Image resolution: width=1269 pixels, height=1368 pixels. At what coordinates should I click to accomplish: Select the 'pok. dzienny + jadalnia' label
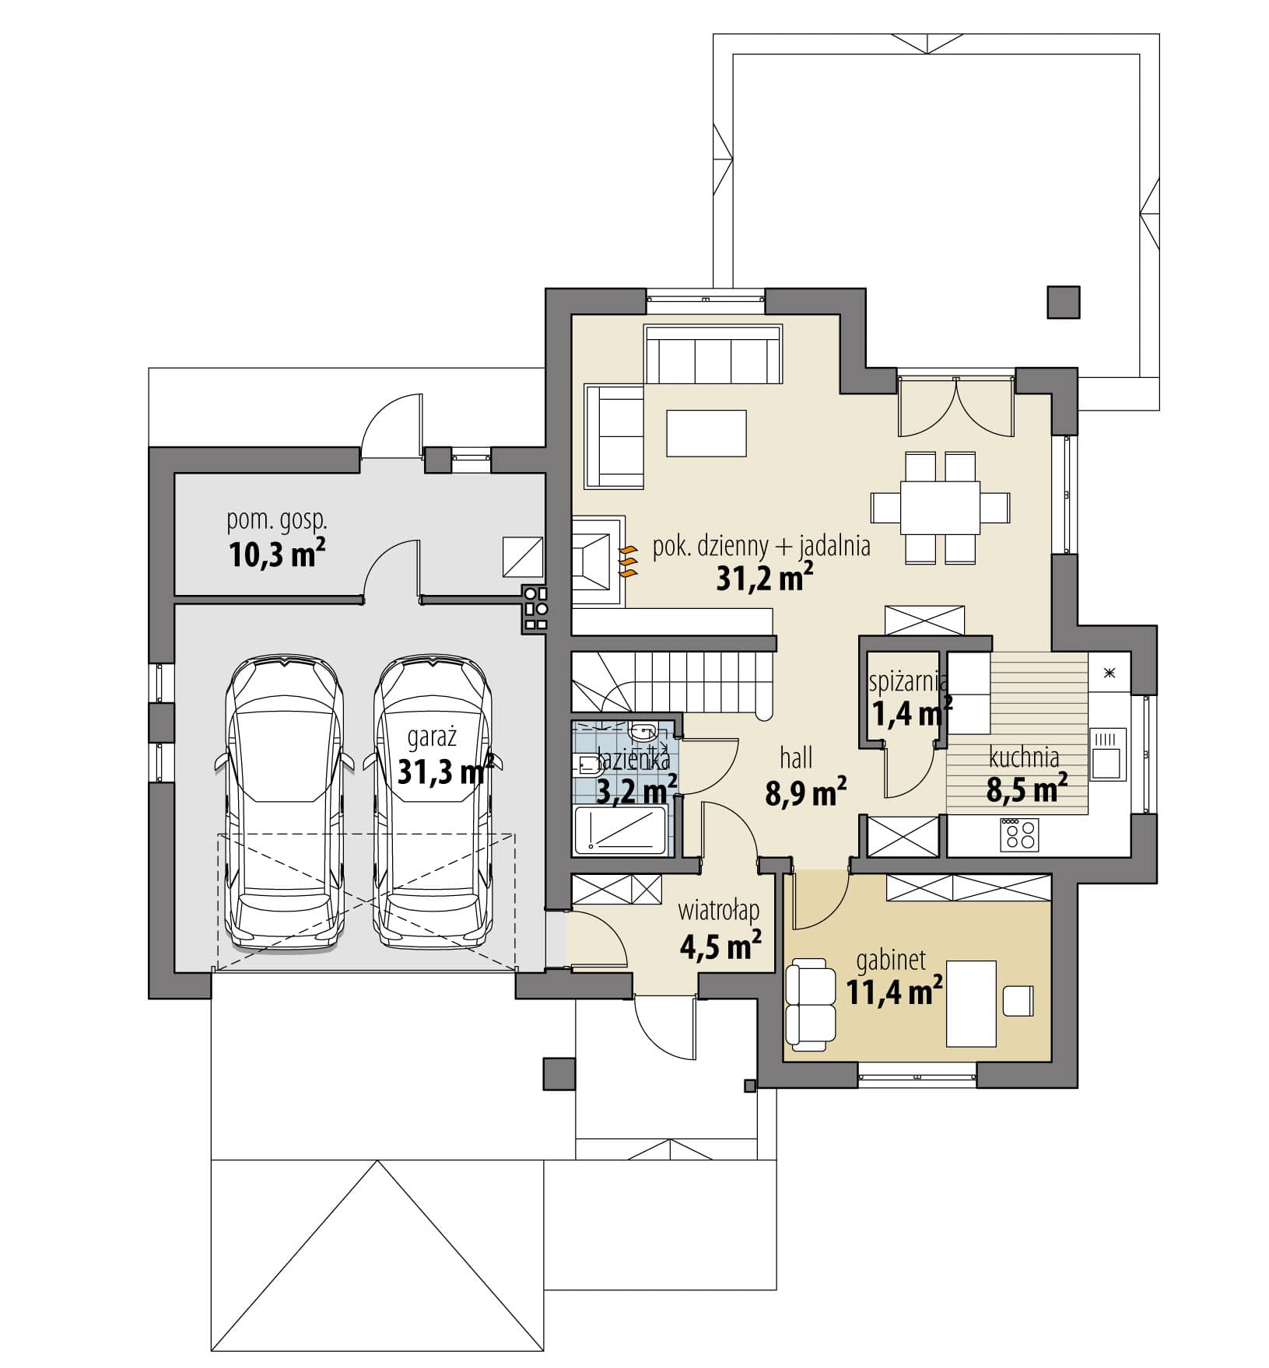[761, 547]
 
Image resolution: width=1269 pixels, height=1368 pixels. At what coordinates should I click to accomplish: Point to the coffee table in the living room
[706, 433]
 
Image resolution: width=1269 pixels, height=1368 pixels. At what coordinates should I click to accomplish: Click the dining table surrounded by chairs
[940, 507]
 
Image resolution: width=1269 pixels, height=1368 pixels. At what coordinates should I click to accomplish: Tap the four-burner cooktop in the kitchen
[1020, 834]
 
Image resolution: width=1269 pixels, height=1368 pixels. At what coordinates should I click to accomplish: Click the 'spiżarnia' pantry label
[908, 682]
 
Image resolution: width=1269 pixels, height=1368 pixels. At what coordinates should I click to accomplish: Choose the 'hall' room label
[795, 757]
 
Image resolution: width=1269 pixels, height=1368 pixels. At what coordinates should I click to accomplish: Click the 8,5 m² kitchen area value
[1026, 789]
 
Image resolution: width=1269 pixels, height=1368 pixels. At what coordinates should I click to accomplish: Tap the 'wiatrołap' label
[718, 909]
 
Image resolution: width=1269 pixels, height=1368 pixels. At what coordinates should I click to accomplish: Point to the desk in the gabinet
[971, 1003]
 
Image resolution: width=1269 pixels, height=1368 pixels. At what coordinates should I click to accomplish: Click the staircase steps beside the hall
[673, 681]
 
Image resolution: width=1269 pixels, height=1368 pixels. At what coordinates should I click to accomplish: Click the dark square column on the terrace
[1063, 302]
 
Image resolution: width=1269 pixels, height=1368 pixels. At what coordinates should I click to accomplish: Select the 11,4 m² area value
[895, 992]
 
